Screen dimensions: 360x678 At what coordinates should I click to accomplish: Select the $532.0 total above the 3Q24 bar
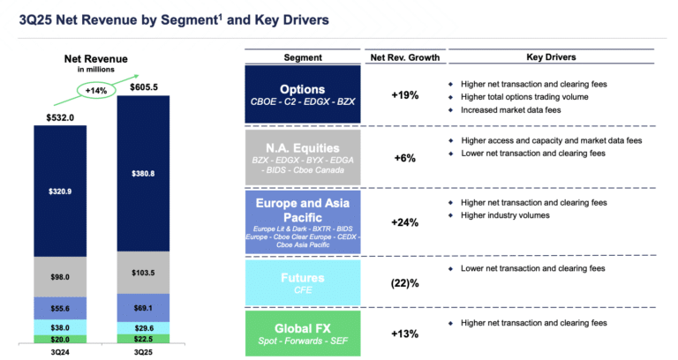tap(61, 116)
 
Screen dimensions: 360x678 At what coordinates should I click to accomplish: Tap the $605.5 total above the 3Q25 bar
tap(143, 87)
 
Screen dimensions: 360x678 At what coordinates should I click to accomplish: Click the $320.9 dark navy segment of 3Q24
tap(61, 190)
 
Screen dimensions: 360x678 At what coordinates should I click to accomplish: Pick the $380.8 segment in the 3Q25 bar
tap(143, 174)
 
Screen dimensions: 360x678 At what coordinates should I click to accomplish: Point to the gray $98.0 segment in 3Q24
tap(61, 277)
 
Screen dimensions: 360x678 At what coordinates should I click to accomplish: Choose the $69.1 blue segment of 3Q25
tap(143, 306)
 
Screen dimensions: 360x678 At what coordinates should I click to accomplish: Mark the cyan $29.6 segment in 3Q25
tap(143, 327)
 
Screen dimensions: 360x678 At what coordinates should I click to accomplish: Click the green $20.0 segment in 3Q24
tap(61, 339)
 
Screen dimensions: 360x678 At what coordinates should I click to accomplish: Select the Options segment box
tap(303, 95)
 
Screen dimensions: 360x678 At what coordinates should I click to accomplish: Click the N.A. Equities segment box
tap(303, 157)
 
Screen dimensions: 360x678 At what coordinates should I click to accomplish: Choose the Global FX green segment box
tap(303, 332)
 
